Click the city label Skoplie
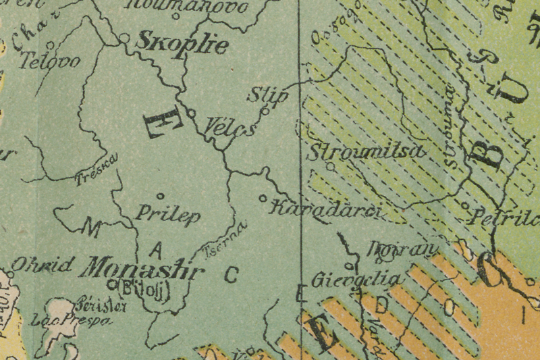click(182, 44)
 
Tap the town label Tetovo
click(51, 61)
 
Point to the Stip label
click(267, 95)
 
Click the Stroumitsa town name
click(366, 151)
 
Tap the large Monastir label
click(141, 268)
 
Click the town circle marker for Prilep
click(161, 197)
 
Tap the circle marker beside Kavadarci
click(263, 199)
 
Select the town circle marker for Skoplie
click(124, 38)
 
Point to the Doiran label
click(399, 249)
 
